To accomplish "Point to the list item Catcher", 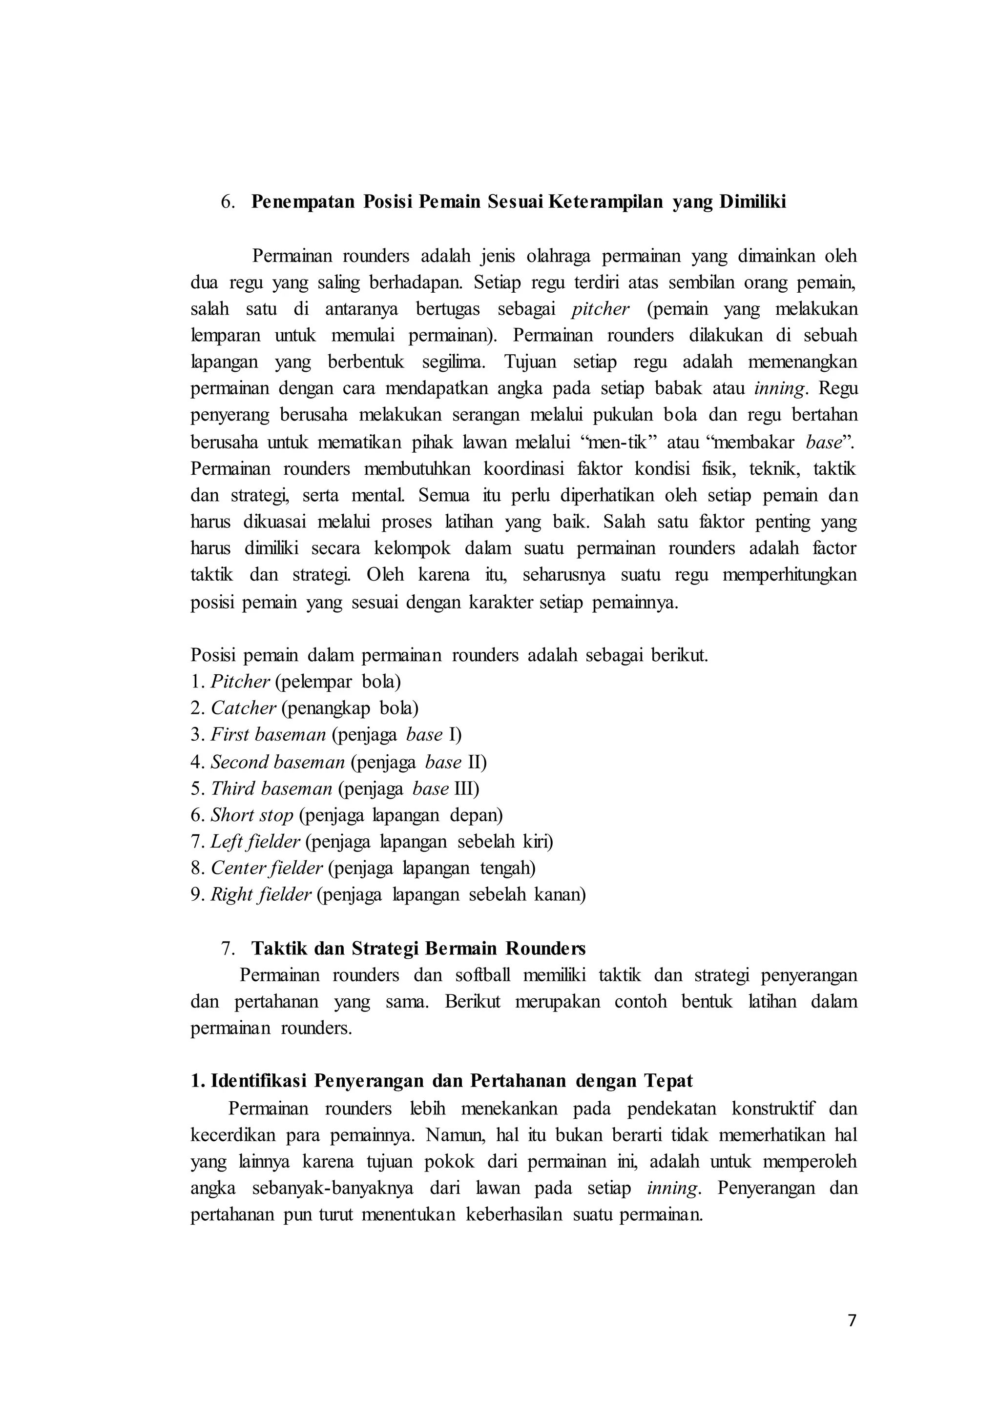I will [x=243, y=708].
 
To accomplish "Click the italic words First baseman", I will [x=268, y=735].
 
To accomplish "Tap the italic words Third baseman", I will [x=271, y=788].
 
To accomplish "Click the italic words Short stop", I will [x=252, y=815].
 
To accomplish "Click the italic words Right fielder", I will [x=261, y=894].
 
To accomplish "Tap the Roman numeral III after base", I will [x=466, y=788].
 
